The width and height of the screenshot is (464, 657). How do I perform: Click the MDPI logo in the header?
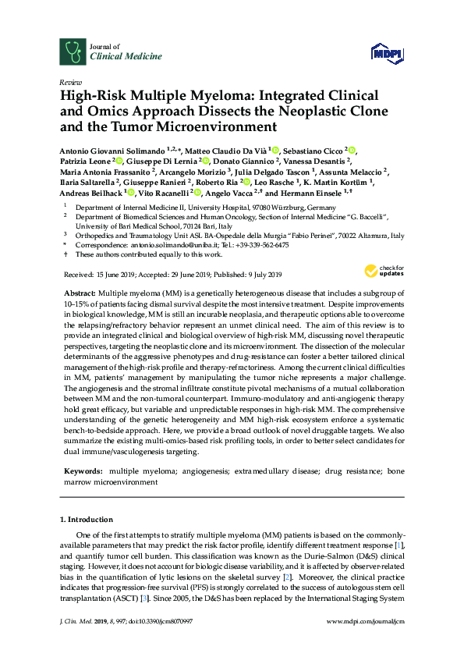tap(388, 52)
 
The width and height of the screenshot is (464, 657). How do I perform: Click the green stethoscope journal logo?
tap(73, 51)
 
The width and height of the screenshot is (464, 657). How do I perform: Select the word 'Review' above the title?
tap(70, 81)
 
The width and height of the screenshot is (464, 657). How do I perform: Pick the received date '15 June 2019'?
tap(115, 275)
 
